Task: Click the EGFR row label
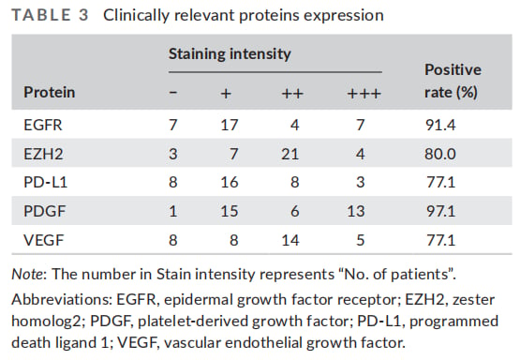[43, 125]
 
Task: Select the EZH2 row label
[43, 154]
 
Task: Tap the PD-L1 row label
[45, 183]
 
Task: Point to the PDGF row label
[45, 211]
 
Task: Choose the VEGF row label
[43, 240]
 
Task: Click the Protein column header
[49, 92]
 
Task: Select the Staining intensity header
[230, 54]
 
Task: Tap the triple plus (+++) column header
[364, 94]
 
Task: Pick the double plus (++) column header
[292, 94]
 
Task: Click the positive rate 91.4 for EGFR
[440, 125]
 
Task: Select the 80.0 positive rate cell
[440, 154]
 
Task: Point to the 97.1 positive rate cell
[440, 211]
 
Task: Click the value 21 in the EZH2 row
[290, 154]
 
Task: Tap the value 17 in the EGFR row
[230, 125]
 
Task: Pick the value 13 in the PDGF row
[355, 211]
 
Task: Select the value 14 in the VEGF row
[290, 240]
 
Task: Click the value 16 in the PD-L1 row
[230, 183]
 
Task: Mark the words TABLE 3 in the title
[50, 15]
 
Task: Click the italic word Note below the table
[27, 275]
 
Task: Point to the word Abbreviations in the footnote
[62, 300]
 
